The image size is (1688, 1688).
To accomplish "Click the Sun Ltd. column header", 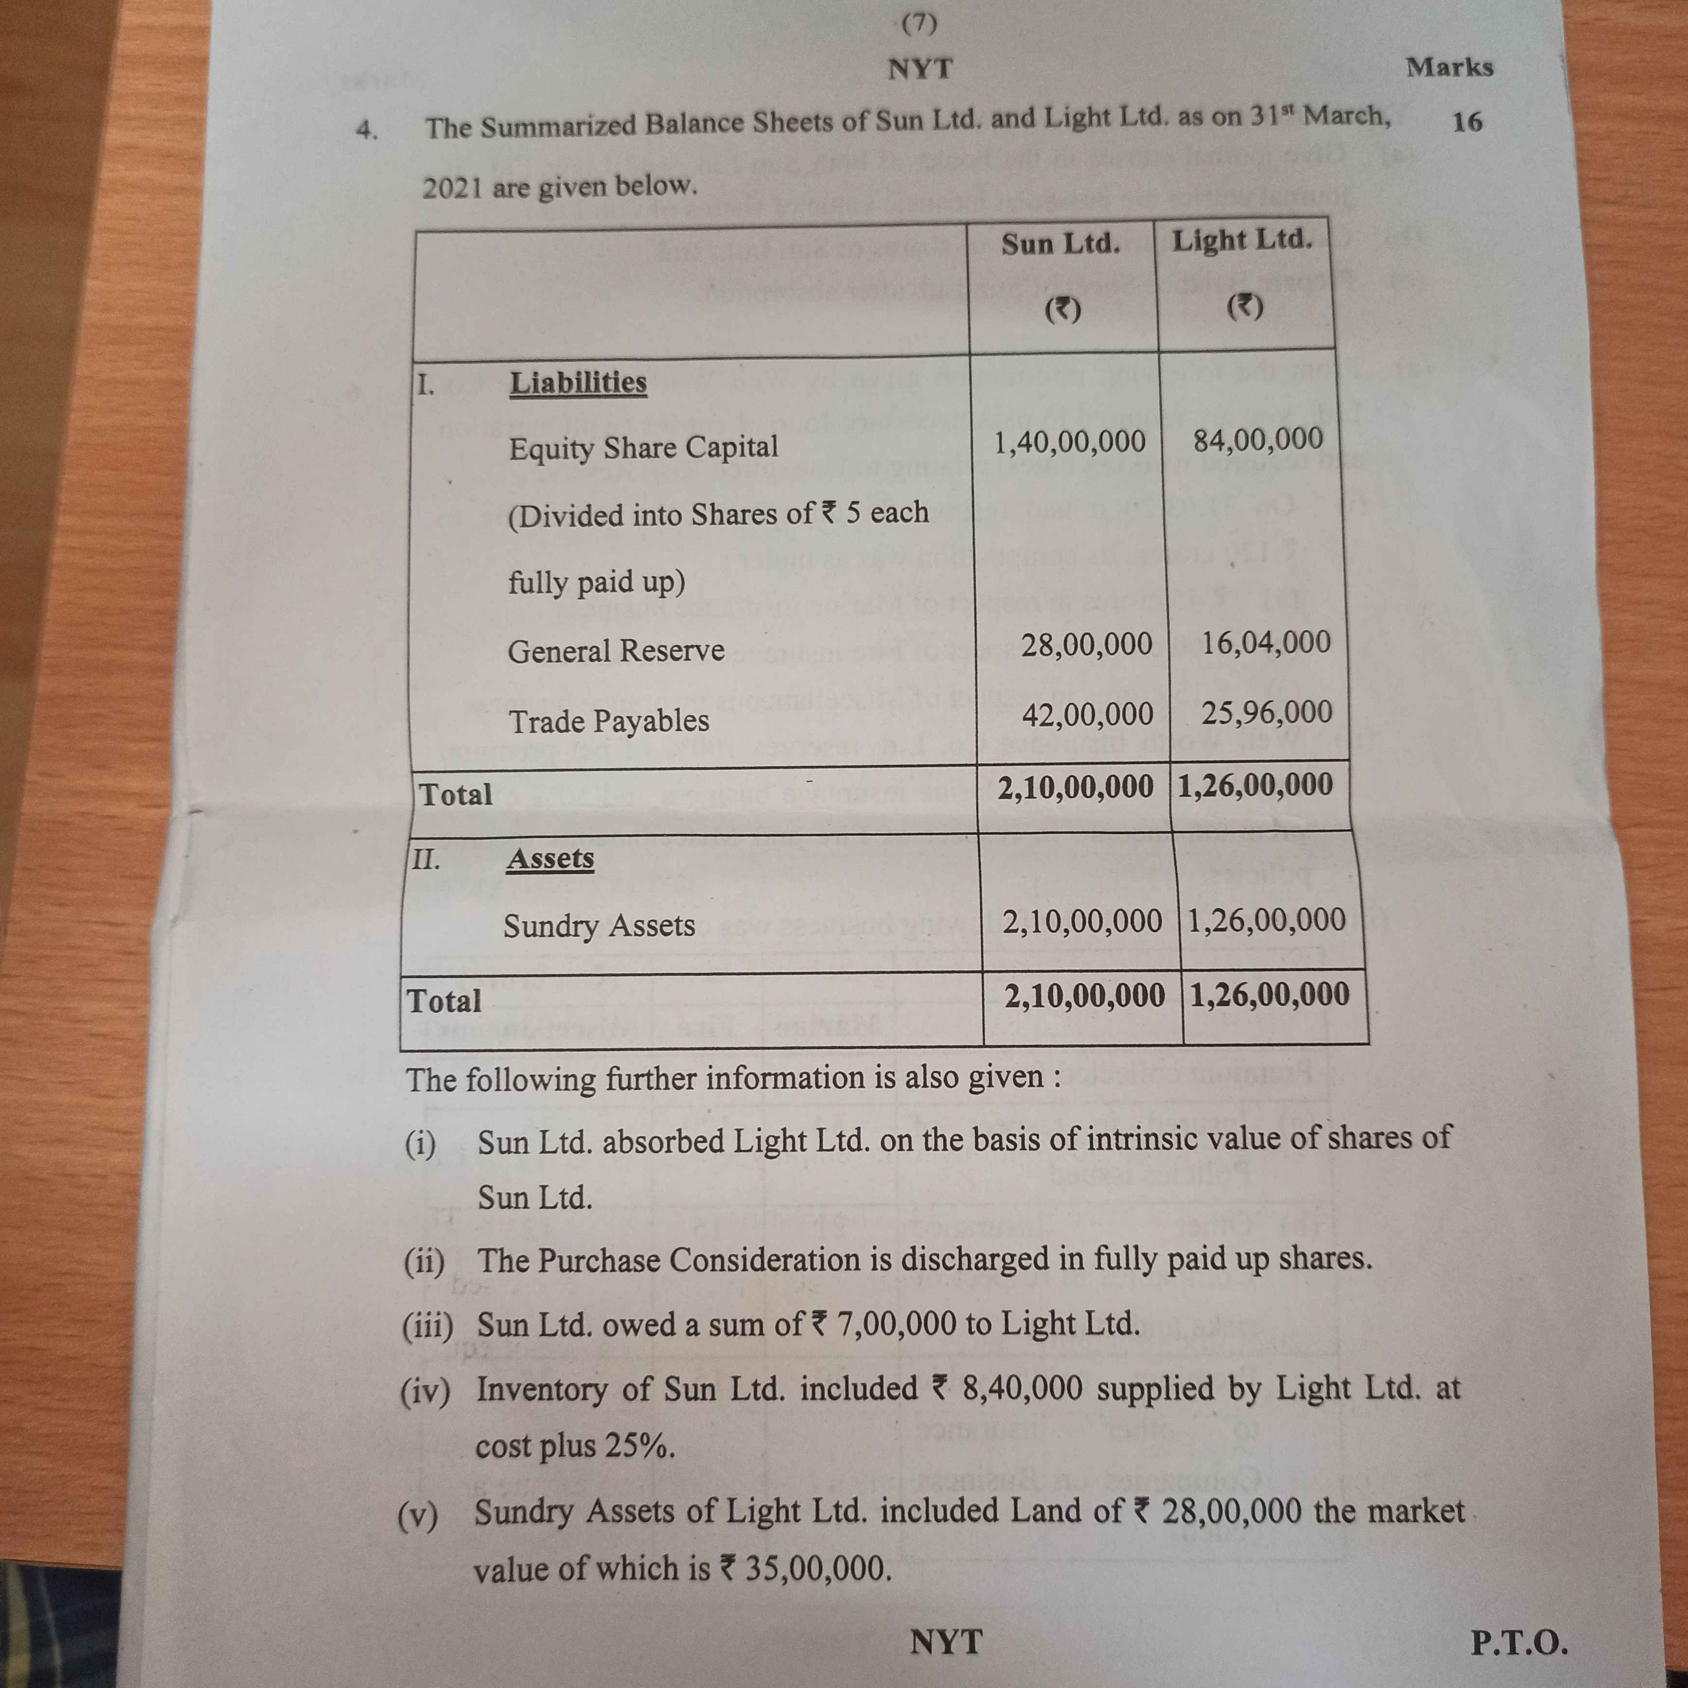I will coord(1060,244).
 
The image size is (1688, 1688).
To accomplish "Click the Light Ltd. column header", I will coord(1242,240).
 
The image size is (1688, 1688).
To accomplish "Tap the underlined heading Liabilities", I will coord(578,383).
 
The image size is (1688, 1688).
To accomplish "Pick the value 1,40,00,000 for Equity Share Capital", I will coord(1070,442).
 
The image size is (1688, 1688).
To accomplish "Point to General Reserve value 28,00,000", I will coord(1086,645).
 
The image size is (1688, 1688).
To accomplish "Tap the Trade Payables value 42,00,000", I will coord(1087,715).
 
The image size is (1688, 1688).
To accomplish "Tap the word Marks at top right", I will coord(1449,67).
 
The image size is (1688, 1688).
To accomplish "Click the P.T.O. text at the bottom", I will coord(1518,1643).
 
